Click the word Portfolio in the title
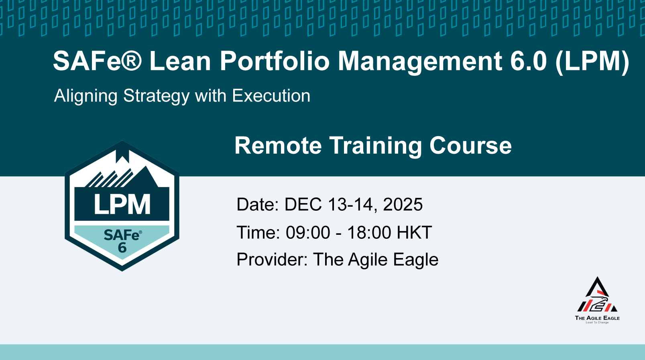[x=275, y=61]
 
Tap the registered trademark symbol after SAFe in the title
[x=131, y=61]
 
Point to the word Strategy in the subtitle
[x=157, y=96]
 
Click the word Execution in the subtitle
[x=271, y=96]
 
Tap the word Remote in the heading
[x=278, y=146]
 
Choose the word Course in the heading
[x=470, y=146]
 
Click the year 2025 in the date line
[x=403, y=204]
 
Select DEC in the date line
[x=303, y=204]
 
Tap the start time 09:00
[x=308, y=232]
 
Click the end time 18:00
[x=369, y=232]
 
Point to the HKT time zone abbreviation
[x=414, y=232]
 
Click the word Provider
[x=270, y=260]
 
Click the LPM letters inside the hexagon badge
[x=122, y=204]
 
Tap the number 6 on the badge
[x=122, y=248]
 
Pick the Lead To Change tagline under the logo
[x=597, y=323]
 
